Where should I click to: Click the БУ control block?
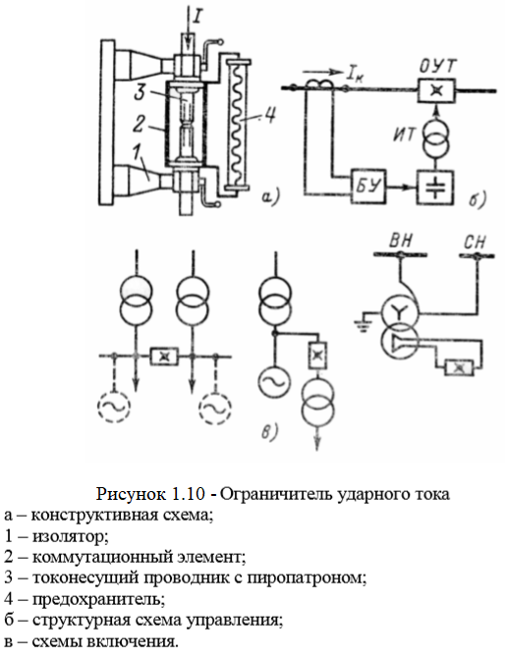pos(368,187)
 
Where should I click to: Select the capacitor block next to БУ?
pos(434,187)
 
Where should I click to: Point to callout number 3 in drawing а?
pos(140,92)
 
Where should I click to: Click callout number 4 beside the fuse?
pos(268,114)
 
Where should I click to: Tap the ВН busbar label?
pos(401,242)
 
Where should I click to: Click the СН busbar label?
pos(476,242)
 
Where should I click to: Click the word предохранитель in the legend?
pos(98,599)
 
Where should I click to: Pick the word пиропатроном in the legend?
pos(307,578)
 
